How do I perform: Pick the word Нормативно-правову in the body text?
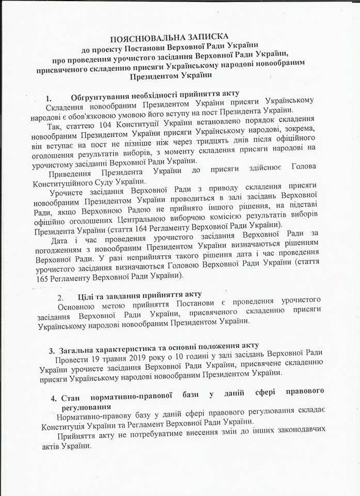pos(93,417)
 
